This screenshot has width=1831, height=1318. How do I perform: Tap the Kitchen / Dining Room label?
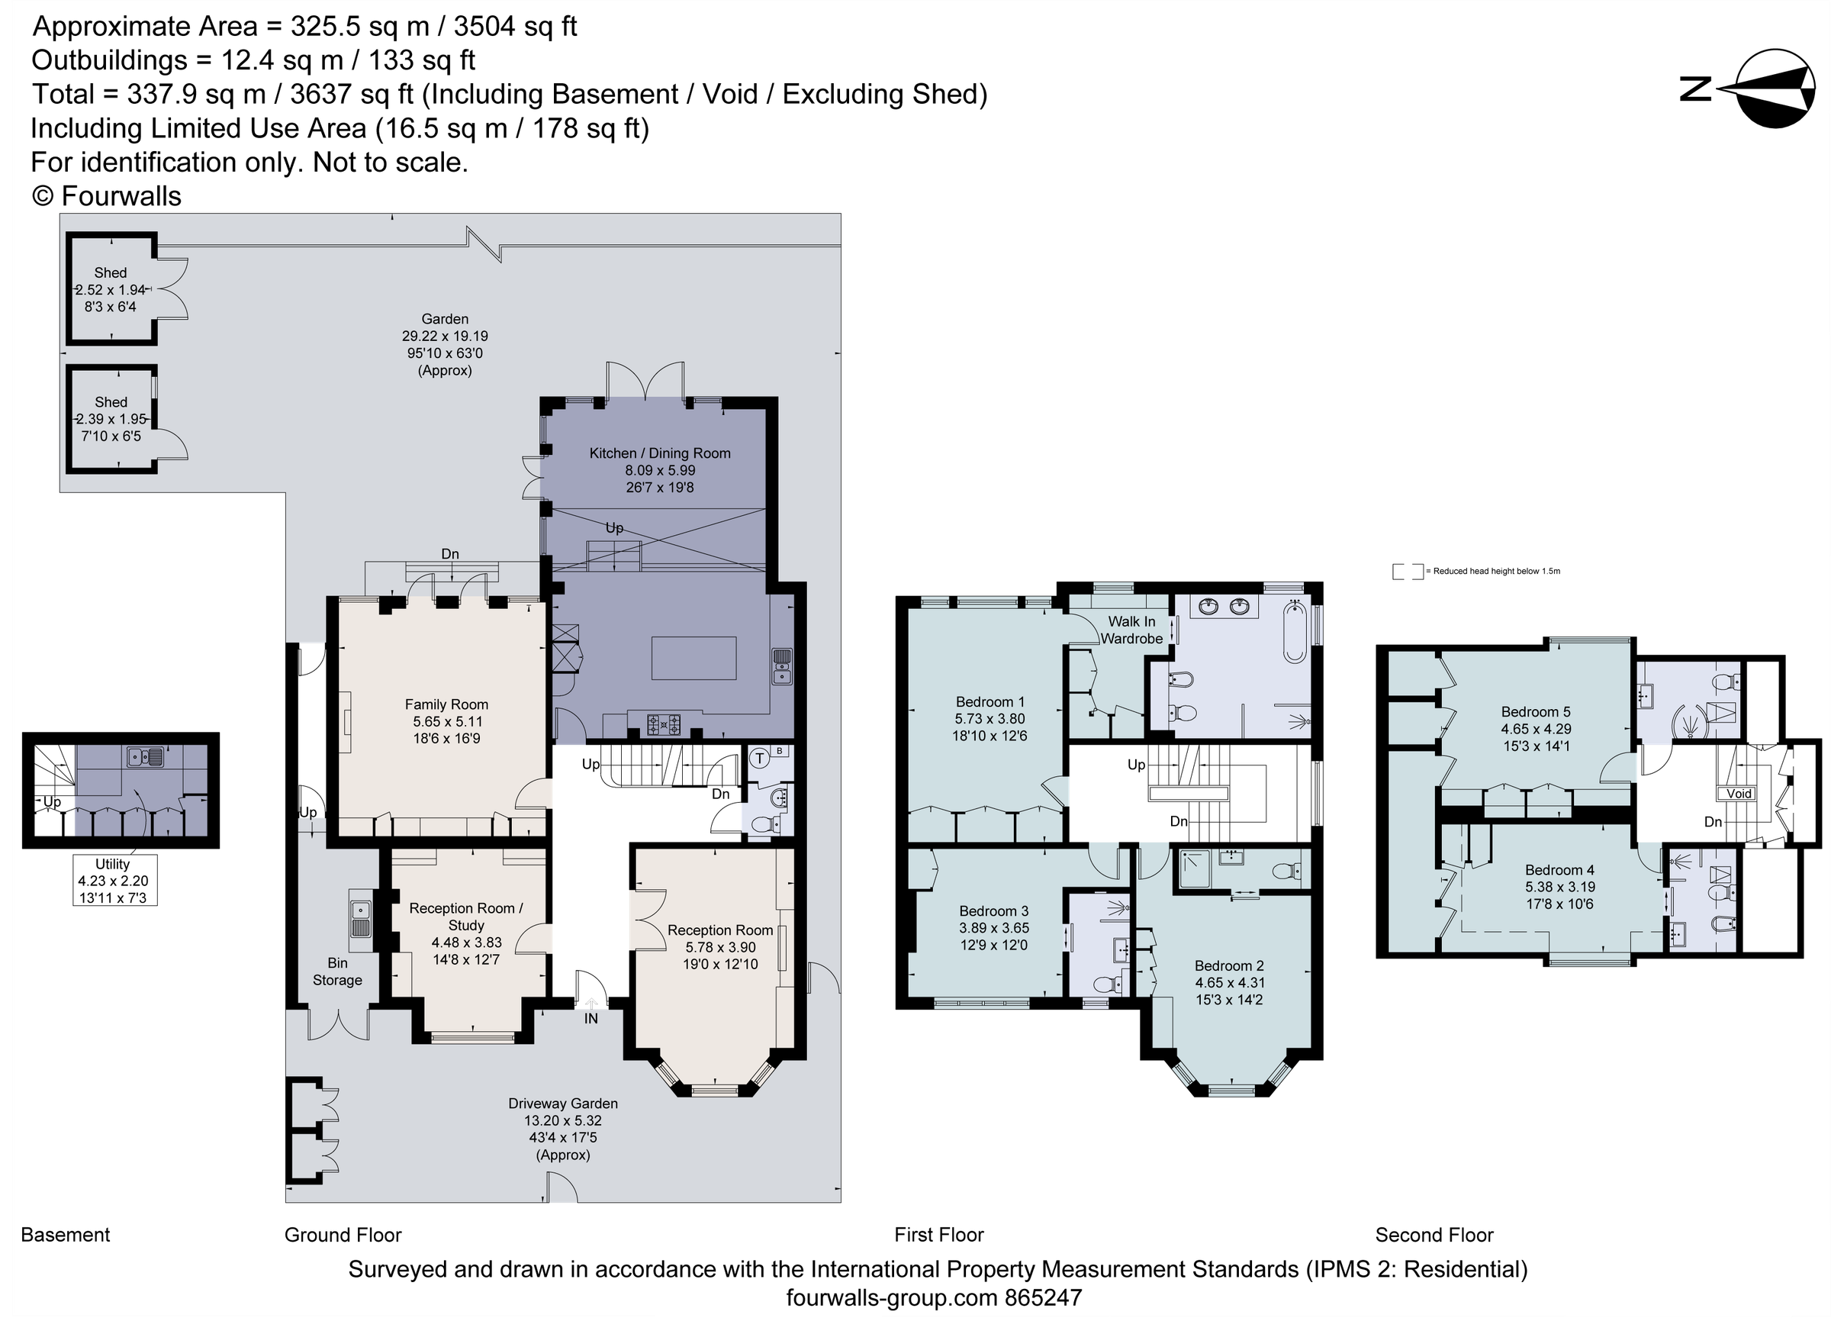click(660, 453)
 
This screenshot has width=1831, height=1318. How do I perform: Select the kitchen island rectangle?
click(693, 658)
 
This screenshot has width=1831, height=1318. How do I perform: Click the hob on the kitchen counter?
click(664, 724)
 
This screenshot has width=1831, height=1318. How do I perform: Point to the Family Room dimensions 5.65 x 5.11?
click(446, 721)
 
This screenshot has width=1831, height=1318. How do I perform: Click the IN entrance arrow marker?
click(591, 1005)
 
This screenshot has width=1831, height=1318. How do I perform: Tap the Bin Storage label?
click(337, 972)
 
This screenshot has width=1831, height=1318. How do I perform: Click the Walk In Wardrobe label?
click(1131, 630)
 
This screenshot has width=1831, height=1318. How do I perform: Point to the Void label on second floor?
click(1738, 793)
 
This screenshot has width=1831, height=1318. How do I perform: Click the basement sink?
click(145, 757)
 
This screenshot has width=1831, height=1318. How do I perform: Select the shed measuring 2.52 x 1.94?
click(111, 289)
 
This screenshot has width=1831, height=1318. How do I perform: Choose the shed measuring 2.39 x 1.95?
click(111, 418)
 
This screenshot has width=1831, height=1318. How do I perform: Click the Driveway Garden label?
click(563, 1104)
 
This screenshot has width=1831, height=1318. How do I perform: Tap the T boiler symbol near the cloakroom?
click(760, 758)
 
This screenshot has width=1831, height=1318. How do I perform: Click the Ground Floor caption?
click(343, 1235)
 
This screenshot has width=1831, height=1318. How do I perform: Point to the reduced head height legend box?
click(1407, 572)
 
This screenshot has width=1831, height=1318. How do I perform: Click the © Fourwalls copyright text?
click(107, 196)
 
